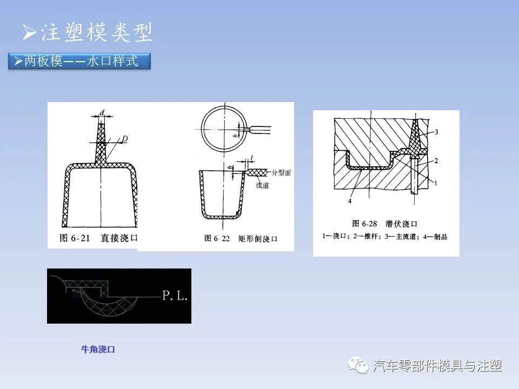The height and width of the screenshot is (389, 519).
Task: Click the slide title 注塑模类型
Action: coord(88,32)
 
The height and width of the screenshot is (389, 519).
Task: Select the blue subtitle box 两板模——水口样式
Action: coord(79,61)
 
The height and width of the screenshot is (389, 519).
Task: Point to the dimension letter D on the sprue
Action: coord(124,139)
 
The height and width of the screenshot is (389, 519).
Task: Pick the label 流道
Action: coord(263,185)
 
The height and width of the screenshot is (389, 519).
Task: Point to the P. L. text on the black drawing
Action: coord(175,296)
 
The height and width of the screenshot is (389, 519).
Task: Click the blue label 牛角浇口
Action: coord(98,350)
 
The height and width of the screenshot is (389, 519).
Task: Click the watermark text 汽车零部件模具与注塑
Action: coord(437,366)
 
